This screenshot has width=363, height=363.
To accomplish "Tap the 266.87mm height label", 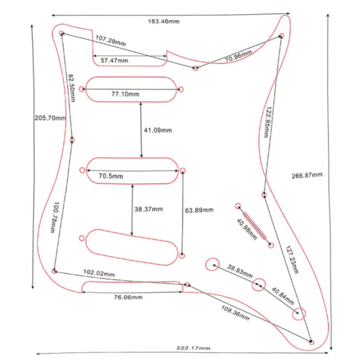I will coord(307,175).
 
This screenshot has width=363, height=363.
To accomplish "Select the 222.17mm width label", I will coord(194,348).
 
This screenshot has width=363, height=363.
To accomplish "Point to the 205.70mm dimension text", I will coord(50,117).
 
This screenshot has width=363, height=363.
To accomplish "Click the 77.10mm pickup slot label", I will coord(125,94).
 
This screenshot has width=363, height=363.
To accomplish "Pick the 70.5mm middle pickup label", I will coord(111,176).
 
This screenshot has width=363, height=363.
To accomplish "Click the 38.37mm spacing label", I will coord(148,209).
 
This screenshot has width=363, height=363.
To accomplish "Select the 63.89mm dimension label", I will coord(198,211).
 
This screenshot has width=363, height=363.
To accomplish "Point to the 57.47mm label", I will coord(115,61).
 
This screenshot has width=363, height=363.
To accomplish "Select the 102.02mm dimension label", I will coord(99,274).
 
